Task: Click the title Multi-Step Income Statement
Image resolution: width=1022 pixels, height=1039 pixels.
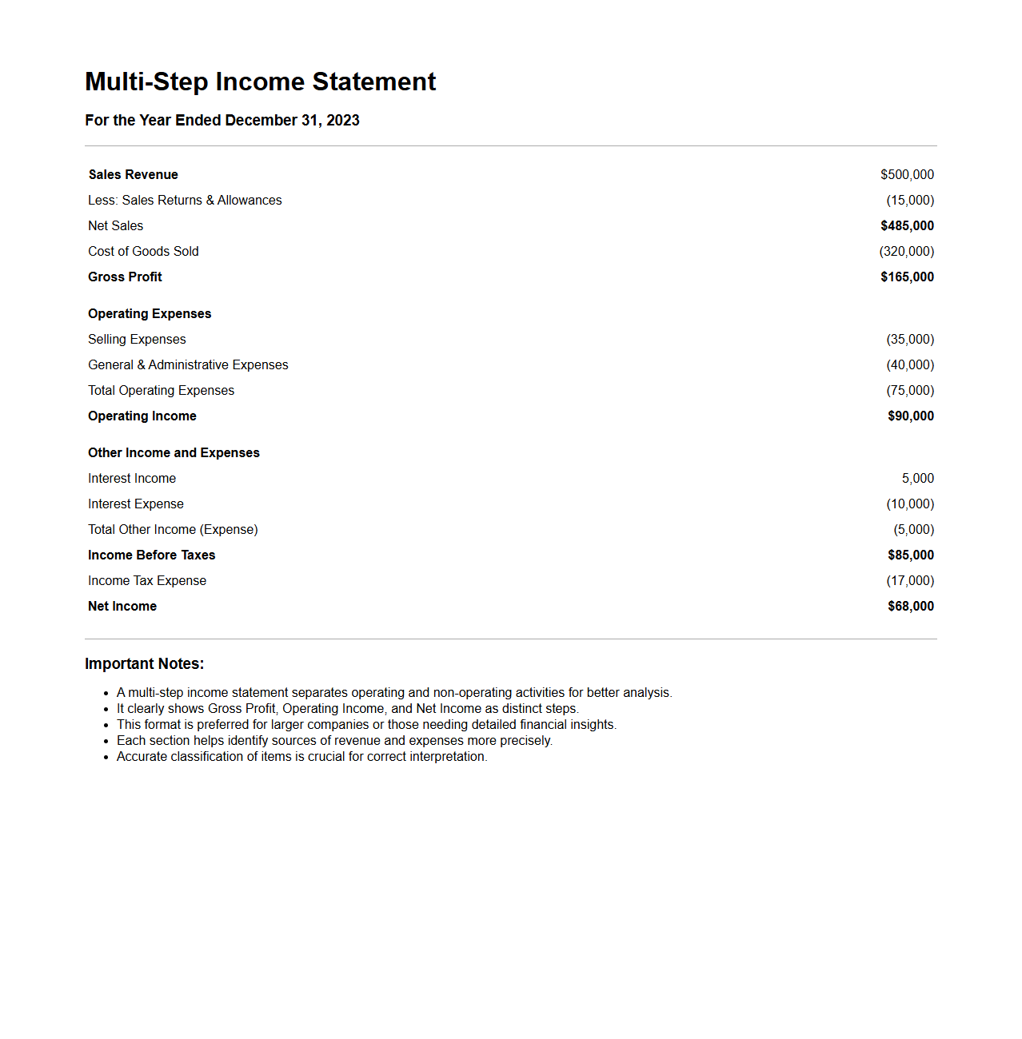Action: click(x=260, y=82)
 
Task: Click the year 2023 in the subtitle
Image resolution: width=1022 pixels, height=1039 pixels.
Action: click(x=343, y=120)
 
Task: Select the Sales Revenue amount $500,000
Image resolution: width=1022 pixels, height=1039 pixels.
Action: click(x=907, y=174)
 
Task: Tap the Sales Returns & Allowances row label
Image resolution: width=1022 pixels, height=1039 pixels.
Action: click(x=185, y=200)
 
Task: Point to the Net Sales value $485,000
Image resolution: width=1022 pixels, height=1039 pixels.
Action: click(x=907, y=225)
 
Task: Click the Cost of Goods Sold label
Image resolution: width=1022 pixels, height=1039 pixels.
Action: click(x=143, y=251)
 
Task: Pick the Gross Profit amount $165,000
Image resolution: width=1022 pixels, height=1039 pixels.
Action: click(x=907, y=277)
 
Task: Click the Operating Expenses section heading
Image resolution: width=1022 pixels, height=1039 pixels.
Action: click(x=150, y=313)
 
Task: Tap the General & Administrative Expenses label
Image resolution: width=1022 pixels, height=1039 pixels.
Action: click(x=188, y=364)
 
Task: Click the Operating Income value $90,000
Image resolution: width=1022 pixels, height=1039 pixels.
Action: click(x=910, y=416)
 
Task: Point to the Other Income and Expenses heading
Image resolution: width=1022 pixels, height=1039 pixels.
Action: click(x=174, y=452)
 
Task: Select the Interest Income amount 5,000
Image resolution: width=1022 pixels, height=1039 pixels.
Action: click(x=917, y=478)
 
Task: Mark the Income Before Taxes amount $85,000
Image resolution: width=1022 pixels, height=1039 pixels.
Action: click(x=910, y=555)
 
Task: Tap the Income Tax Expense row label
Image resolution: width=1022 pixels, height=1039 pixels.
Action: click(x=147, y=580)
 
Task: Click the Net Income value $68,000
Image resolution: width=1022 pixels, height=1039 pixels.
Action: click(x=910, y=606)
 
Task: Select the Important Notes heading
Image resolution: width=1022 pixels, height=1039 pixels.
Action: click(x=144, y=663)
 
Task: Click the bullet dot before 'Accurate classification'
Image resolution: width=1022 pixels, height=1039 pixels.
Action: click(x=106, y=757)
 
